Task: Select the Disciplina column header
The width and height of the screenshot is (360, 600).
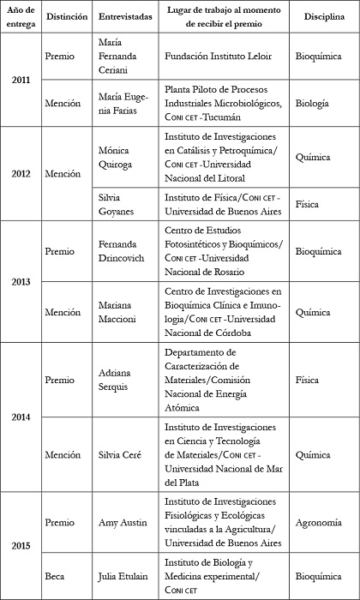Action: click(x=318, y=16)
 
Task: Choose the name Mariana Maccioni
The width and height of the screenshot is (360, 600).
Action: click(x=121, y=314)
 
